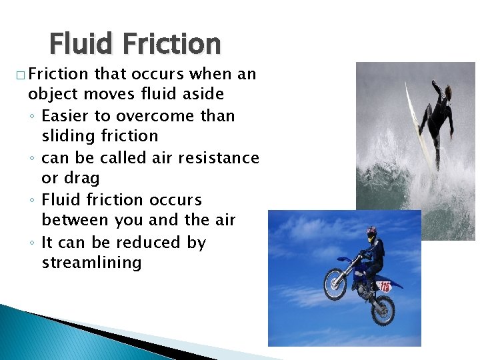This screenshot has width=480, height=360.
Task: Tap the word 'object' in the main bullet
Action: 51,94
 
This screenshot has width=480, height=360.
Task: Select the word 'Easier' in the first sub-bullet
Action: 65,115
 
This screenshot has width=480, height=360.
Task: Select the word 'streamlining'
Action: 91,263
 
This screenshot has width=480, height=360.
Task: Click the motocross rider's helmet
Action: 371,234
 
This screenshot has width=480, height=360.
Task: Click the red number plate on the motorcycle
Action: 385,287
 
